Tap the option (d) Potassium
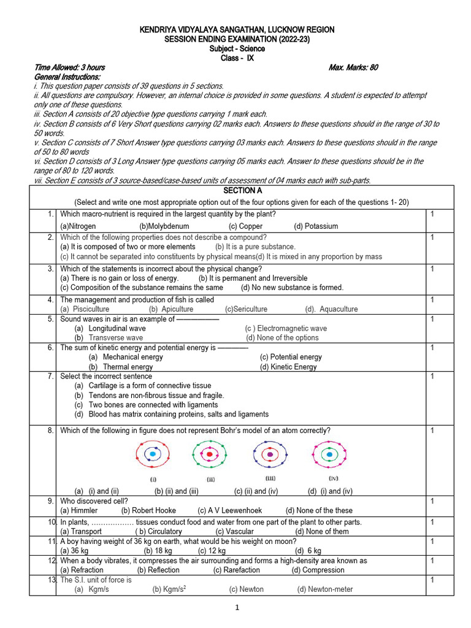pyautogui.click(x=316, y=226)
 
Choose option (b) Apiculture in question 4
pyautogui.click(x=171, y=309)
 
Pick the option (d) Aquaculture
pyautogui.click(x=331, y=309)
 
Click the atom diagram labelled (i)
pyautogui.click(x=152, y=454)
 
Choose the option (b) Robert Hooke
pyautogui.click(x=148, y=510)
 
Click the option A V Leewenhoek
pyautogui.click(x=230, y=510)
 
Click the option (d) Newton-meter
pyautogui.click(x=325, y=589)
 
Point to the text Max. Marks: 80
pyautogui.click(x=353, y=67)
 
